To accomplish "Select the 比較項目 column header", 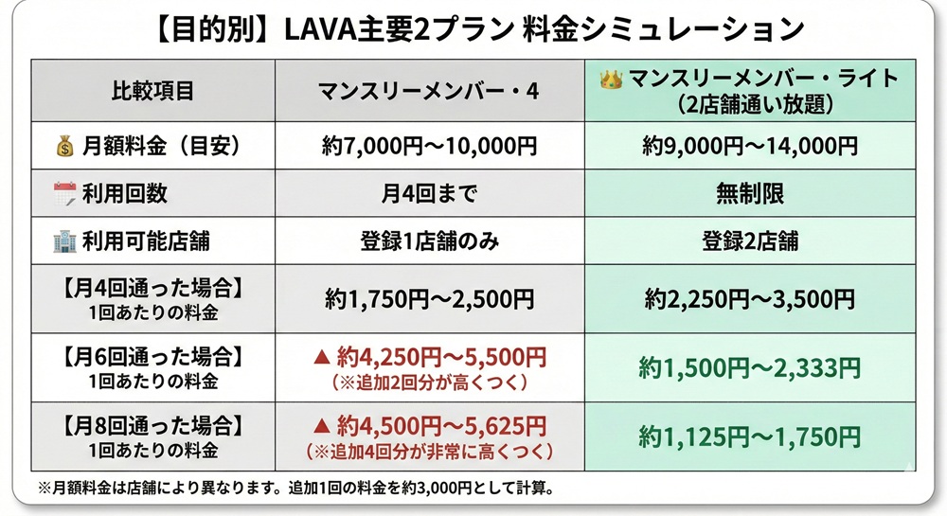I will tap(152, 92).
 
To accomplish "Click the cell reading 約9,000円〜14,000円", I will tap(750, 147).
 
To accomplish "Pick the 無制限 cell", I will tap(750, 194).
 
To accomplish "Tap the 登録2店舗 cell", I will tap(750, 240).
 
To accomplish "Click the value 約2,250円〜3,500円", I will tap(750, 300).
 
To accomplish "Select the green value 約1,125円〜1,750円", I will tap(750, 436).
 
